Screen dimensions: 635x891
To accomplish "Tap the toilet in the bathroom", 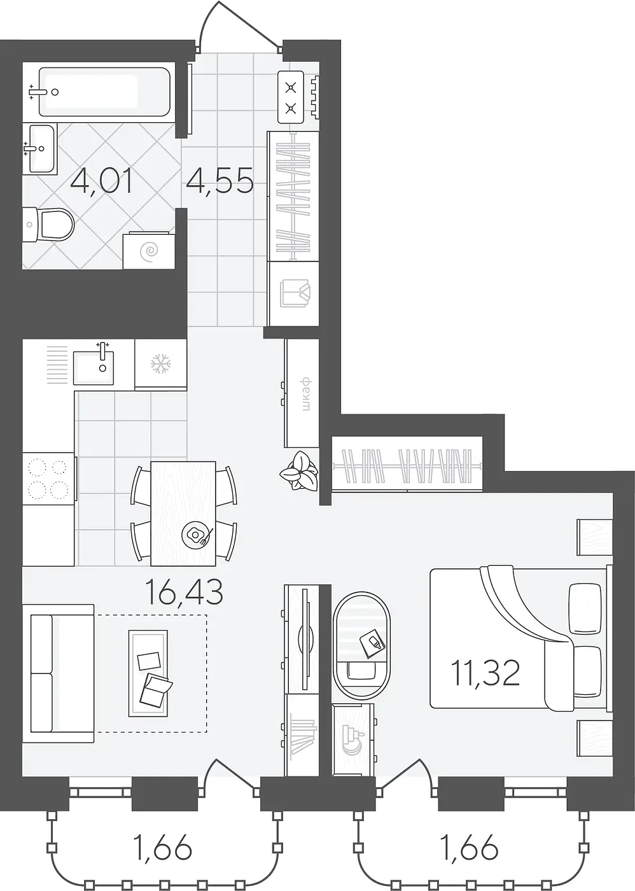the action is click(48, 224).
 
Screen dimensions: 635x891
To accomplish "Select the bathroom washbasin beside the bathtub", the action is click(39, 148).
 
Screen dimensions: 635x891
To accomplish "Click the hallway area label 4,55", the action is click(220, 179).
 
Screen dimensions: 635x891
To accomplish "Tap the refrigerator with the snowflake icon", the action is click(160, 363).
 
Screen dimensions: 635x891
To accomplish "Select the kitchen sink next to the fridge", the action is click(94, 364).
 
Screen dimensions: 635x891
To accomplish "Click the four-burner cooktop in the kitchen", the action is click(49, 479).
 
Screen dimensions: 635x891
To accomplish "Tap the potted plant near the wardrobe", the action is click(299, 471).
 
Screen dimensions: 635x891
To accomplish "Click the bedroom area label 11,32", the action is click(485, 672).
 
